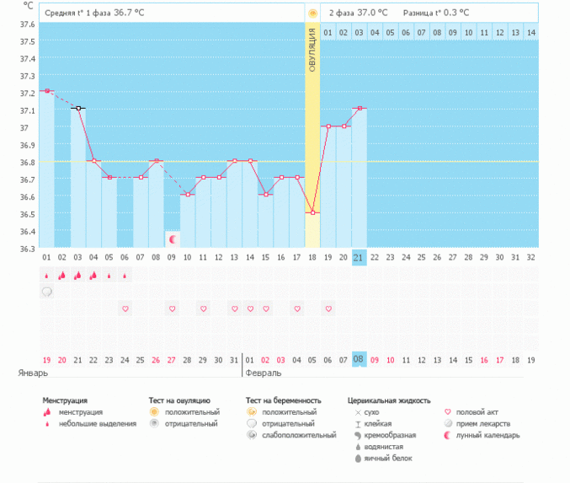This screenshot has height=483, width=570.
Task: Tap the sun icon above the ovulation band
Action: pyautogui.click(x=312, y=13)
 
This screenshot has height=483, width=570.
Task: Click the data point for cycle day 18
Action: pyautogui.click(x=312, y=212)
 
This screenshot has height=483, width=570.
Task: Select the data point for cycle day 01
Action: pyautogui.click(x=47, y=91)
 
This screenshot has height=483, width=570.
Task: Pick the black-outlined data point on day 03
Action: pyautogui.click(x=78, y=108)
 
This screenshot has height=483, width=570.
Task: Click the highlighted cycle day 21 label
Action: pyautogui.click(x=360, y=257)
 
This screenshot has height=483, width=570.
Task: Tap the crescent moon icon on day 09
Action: pyautogui.click(x=172, y=239)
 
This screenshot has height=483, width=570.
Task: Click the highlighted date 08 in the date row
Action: pyautogui.click(x=360, y=359)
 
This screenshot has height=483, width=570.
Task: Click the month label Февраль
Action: pyautogui.click(x=263, y=372)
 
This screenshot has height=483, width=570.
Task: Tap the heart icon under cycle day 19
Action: pyautogui.click(x=328, y=309)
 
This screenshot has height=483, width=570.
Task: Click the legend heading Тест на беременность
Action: pyautogui.click(x=284, y=400)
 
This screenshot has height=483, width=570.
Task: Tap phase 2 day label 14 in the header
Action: pyautogui.click(x=530, y=32)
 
